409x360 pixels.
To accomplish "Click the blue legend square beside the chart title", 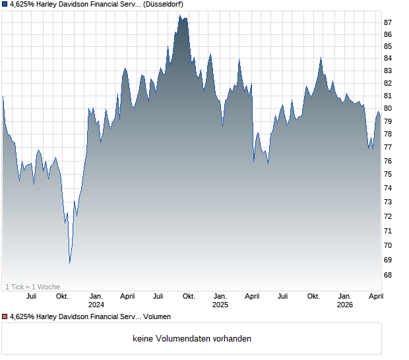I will pos(5,4).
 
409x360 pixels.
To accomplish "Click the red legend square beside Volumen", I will pos(5,316).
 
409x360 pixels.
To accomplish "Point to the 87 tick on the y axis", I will pos(388,22).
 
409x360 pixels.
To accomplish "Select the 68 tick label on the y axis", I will pos(388,275).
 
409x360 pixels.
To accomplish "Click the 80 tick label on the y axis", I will pos(388,108).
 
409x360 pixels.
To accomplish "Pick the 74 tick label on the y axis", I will pos(388,188).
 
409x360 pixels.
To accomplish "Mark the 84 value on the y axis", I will pos(388,58).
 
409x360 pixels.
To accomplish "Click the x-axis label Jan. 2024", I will pos(96,301).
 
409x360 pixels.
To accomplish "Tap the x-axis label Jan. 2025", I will pos(220,301).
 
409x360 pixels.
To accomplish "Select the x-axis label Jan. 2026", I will pos(345,301).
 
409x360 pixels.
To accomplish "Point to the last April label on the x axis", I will pos(376,297).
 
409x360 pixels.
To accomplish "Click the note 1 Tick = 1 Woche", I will pos(32,287).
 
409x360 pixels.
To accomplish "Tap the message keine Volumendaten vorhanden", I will pos(192,339).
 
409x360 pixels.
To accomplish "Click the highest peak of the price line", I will pos(179,15).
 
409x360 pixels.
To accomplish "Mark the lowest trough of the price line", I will pos(70,263).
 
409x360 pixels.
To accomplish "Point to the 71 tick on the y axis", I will pos(388,231).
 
